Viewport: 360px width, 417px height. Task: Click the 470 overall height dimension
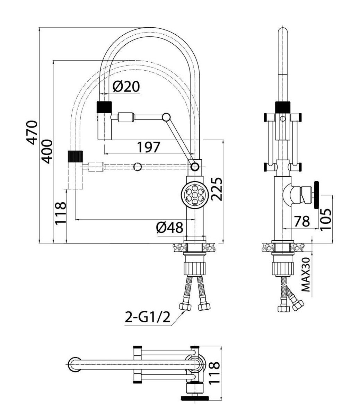pos(32,132)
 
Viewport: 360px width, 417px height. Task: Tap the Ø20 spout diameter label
pos(126,86)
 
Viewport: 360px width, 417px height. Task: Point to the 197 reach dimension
pos(149,147)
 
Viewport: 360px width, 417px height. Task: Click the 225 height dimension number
pos(217,189)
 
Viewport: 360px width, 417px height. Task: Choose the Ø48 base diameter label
pos(169,227)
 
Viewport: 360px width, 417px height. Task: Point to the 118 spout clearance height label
pos(61,213)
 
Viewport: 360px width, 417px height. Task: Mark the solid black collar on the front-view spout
pos(104,107)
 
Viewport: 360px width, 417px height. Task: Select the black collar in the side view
pos(283,107)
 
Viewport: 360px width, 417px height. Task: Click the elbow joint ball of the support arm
pos(166,117)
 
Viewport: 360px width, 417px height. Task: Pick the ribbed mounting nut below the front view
pos(194,268)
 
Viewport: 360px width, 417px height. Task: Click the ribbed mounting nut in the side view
pos(283,268)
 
